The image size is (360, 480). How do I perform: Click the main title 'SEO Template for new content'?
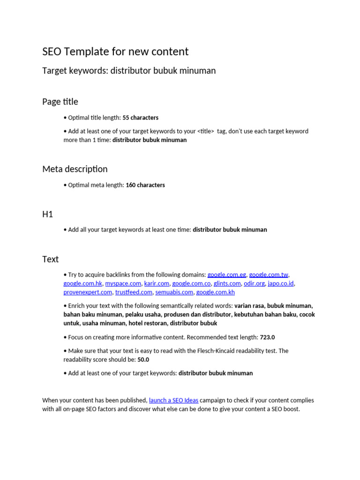point(115,52)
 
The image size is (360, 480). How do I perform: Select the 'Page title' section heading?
point(60,102)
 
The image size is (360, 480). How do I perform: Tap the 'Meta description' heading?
point(75,169)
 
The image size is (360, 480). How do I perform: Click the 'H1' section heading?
point(48,214)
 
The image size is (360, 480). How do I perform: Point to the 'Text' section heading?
point(51,259)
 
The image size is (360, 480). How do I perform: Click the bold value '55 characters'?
point(141,118)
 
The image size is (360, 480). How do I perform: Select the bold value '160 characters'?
point(145,185)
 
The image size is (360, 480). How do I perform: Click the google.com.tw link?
point(269,275)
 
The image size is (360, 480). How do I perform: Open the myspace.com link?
point(123,284)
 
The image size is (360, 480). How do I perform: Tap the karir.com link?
point(157,284)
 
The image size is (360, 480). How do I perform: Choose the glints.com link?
point(227,284)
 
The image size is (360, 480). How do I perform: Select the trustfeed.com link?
point(134,292)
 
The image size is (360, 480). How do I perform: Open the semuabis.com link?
point(174,292)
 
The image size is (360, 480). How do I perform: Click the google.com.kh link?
point(216,292)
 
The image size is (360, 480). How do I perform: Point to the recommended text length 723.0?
point(268,337)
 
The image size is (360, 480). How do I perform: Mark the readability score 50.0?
point(143,360)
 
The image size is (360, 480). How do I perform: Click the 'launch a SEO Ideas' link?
point(173,400)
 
